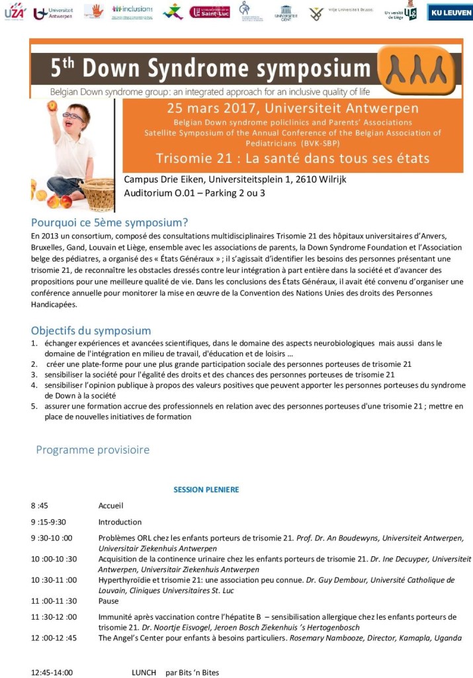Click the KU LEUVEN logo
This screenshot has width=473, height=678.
coord(450,12)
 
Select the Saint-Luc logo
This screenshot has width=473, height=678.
coord(209,11)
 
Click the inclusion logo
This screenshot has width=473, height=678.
coord(132,10)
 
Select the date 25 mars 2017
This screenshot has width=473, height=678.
coord(206,108)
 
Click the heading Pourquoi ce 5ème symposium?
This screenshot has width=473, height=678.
coord(109,222)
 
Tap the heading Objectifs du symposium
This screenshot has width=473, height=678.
coord(91,330)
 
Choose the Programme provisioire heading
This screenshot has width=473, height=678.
coord(93,450)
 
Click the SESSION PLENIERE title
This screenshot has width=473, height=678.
coord(206,490)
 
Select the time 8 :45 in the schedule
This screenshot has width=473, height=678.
coord(40,506)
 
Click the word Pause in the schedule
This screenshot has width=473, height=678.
coord(108,601)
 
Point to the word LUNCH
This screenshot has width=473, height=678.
coord(144,673)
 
